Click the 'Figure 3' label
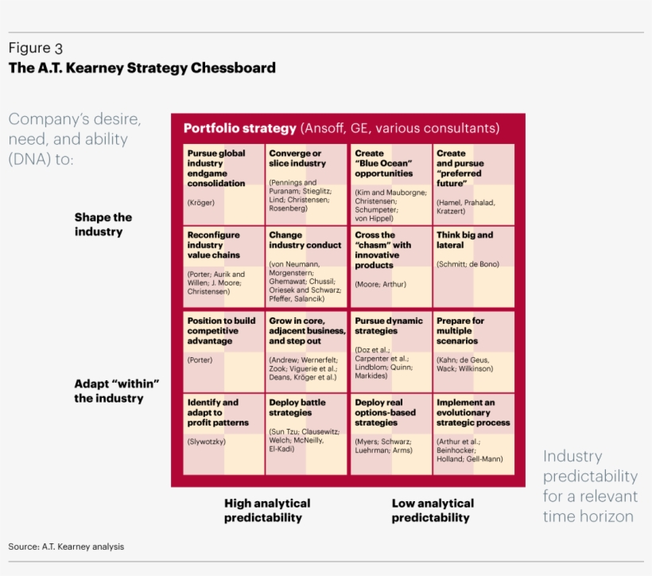pos(41,48)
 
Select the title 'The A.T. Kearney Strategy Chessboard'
pos(142,68)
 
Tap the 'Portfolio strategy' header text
pos(239,128)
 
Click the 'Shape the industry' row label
pos(103,224)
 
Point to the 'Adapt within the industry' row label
pos(117,391)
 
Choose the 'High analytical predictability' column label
pos(267,510)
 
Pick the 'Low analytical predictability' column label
pos(433,510)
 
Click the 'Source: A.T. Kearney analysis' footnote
pos(66,547)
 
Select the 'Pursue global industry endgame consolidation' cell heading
pos(216,168)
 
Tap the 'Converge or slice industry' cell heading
pos(297,158)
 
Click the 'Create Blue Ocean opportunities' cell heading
pos(384,163)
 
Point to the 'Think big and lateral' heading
pos(464,240)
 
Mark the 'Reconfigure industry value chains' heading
pos(214,245)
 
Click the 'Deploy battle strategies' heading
pos(297,408)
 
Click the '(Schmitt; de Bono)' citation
pos(468,263)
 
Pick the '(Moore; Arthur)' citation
pos(381,284)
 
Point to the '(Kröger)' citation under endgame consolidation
pos(201,202)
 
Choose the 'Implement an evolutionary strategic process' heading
pos(473,413)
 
